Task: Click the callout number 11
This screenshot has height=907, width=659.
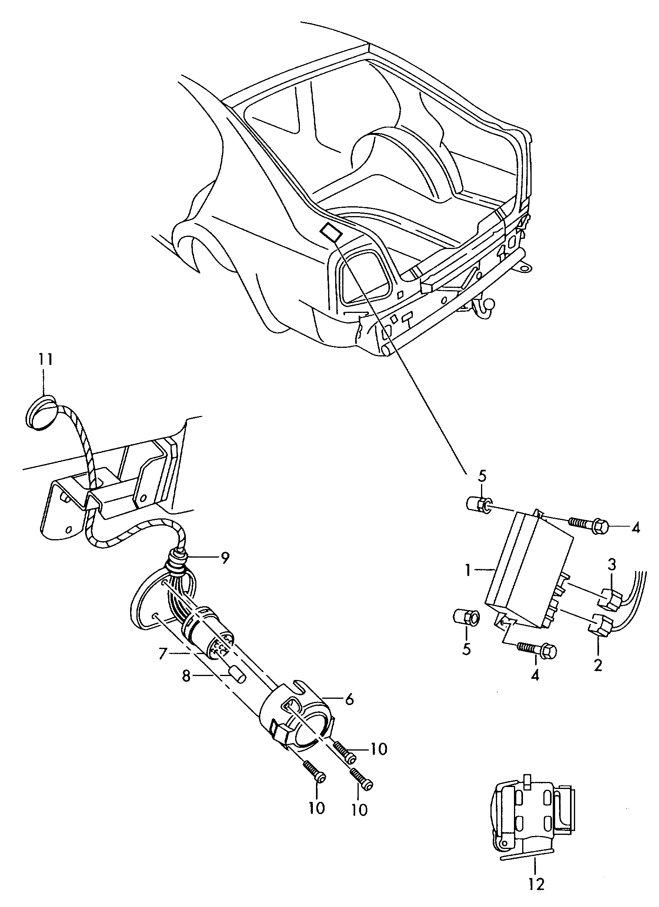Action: [x=45, y=360]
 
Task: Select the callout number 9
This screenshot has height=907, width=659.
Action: [x=225, y=558]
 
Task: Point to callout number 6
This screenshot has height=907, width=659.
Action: [x=349, y=699]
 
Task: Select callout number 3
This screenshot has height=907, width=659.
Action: [x=612, y=565]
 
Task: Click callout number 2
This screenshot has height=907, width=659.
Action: [x=597, y=665]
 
